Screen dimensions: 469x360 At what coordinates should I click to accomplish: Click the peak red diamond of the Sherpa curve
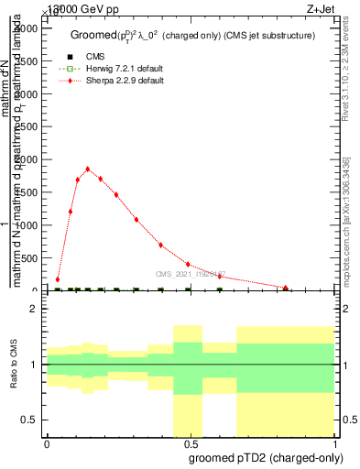click(87, 169)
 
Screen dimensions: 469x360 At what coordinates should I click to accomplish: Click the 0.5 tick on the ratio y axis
click(29, 420)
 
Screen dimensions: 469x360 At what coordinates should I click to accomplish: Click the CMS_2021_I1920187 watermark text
click(190, 274)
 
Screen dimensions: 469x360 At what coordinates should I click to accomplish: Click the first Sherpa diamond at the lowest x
click(58, 279)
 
